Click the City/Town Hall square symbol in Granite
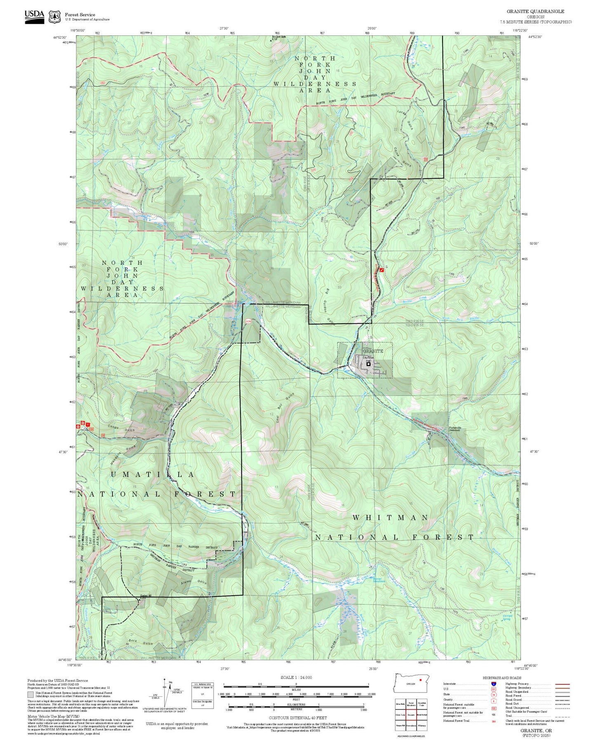(x=368, y=364)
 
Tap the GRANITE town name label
(x=373, y=351)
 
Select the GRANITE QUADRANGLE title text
(x=535, y=12)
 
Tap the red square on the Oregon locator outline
(x=420, y=679)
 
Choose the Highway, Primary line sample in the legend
(x=562, y=684)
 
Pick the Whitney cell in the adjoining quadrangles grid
(x=422, y=725)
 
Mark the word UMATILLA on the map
(x=153, y=475)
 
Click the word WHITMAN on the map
(x=390, y=517)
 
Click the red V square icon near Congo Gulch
(x=87, y=424)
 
